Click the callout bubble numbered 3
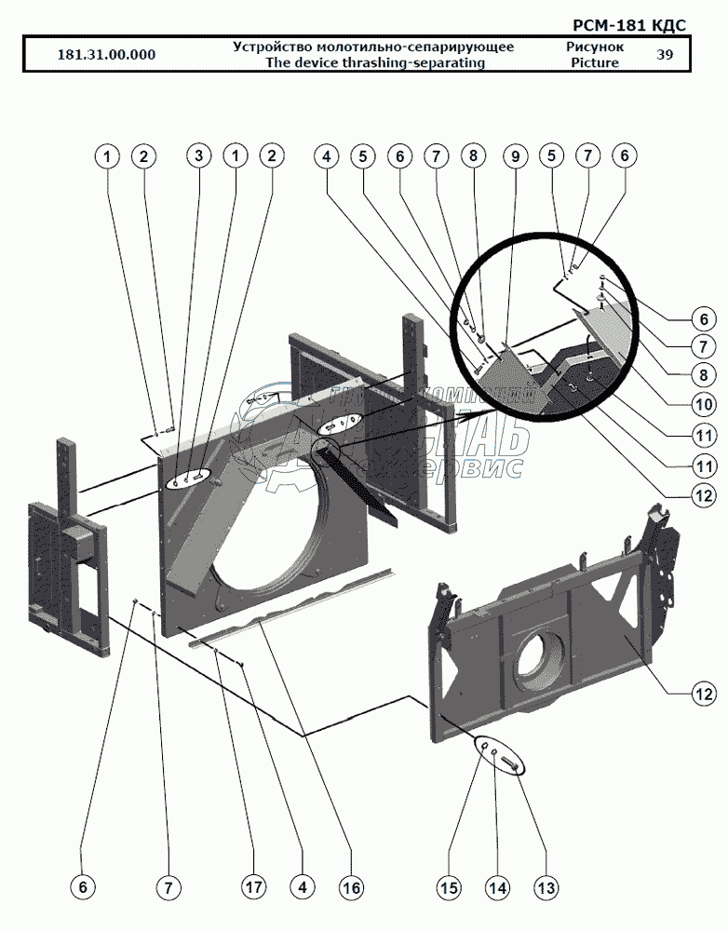pyautogui.click(x=197, y=156)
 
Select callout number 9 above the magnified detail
pyautogui.click(x=514, y=156)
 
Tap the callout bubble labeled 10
pyautogui.click(x=703, y=405)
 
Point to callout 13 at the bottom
pyautogui.click(x=546, y=888)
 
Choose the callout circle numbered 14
pyautogui.click(x=498, y=888)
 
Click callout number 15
pyautogui.click(x=450, y=888)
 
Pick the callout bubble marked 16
pyautogui.click(x=350, y=888)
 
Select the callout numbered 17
pyautogui.click(x=252, y=888)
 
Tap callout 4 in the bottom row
pyautogui.click(x=302, y=888)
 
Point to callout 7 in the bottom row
pyautogui.click(x=169, y=888)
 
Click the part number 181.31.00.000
pyautogui.click(x=106, y=54)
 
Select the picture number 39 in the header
pyautogui.click(x=665, y=54)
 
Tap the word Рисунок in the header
pyautogui.click(x=594, y=46)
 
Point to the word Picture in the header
pyautogui.click(x=594, y=62)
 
